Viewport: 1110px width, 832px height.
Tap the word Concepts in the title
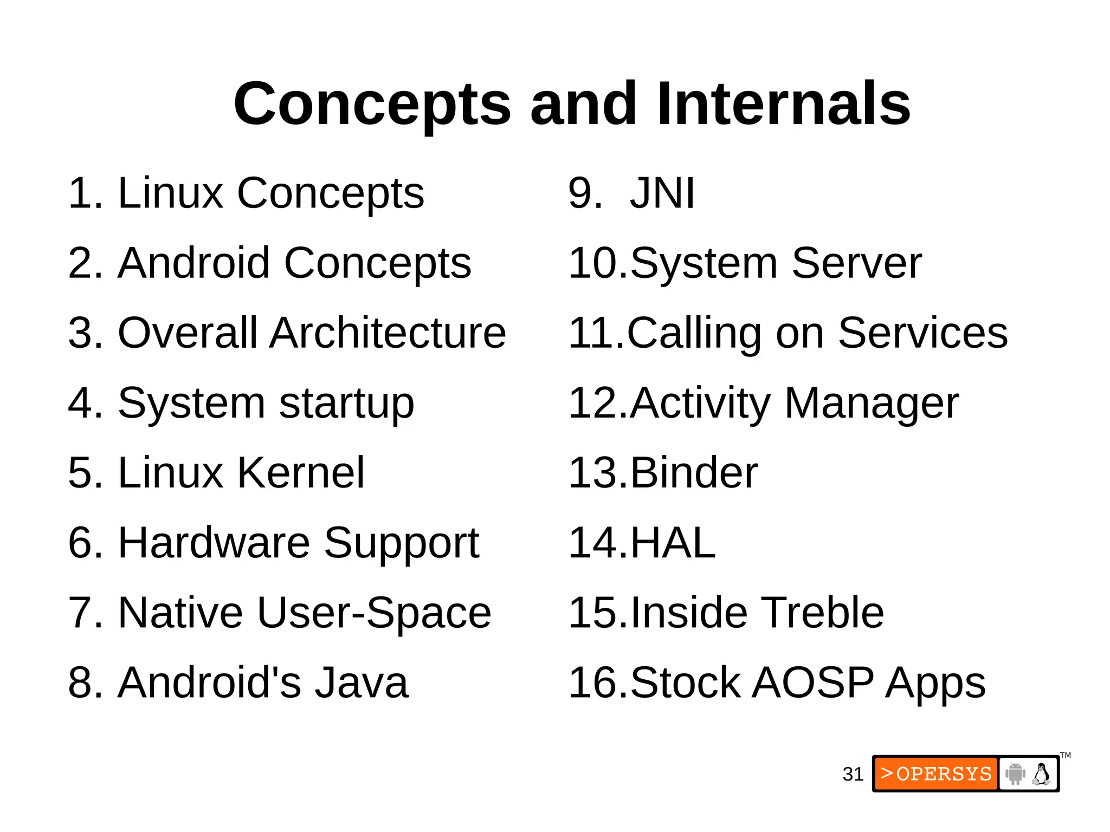372,103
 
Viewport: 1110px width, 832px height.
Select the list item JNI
662,193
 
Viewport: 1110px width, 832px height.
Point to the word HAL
673,543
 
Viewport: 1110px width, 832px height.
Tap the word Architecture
388,333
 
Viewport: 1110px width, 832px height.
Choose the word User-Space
374,613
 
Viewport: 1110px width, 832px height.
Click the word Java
362,682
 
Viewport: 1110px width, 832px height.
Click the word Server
856,263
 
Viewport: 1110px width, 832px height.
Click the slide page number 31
853,774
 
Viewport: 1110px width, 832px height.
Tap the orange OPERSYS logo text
936,773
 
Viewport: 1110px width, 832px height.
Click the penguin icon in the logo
1041,773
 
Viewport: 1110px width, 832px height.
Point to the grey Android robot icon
1015,773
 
